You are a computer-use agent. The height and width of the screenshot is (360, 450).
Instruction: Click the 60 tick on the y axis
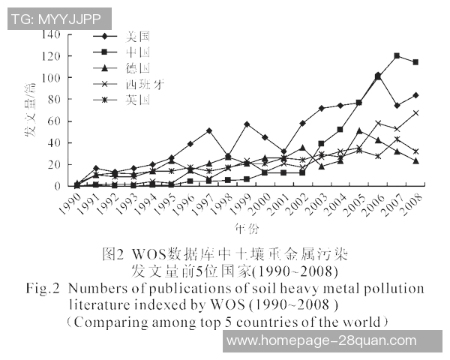coord(52,121)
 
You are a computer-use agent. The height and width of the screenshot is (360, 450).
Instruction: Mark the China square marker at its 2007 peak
coord(397,56)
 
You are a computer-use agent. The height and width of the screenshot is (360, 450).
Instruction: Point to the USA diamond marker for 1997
coord(208,130)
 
